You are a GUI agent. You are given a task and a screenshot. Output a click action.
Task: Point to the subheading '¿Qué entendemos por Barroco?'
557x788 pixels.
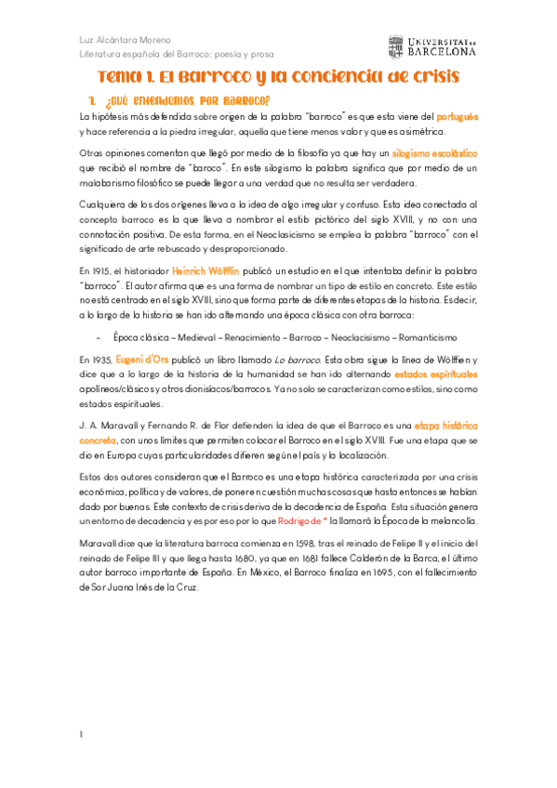click(x=186, y=100)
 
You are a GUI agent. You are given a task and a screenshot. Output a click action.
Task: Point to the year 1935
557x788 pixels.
click(x=92, y=358)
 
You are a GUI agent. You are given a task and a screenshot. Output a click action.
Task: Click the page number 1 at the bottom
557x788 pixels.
click(x=82, y=734)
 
